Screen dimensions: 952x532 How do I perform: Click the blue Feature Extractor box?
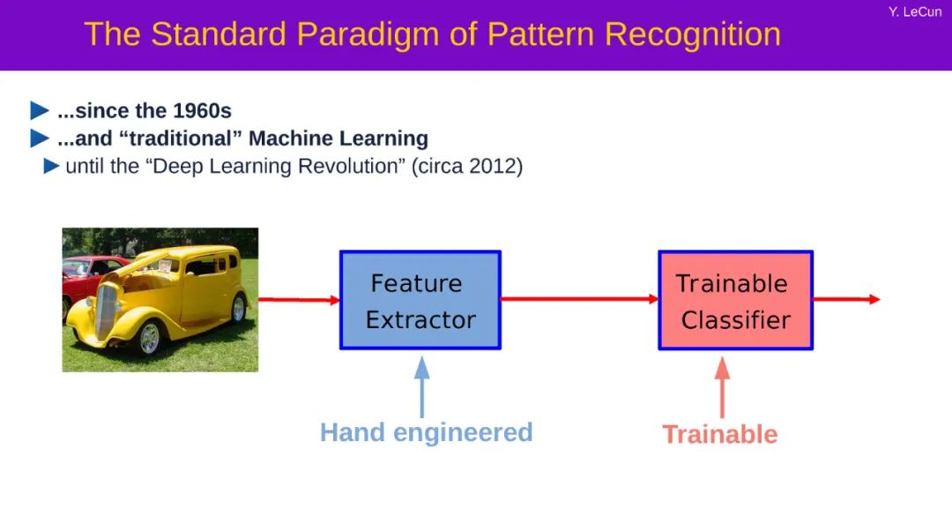tap(420, 300)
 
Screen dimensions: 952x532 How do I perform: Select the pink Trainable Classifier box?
tap(736, 300)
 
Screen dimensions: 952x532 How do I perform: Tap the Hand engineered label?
tap(427, 433)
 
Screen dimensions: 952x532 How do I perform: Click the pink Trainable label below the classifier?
tap(719, 434)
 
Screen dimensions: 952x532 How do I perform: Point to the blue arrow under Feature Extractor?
tap(422, 386)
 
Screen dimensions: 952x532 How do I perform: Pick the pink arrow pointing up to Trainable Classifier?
tap(722, 386)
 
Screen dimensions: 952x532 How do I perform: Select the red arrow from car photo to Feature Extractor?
tap(300, 299)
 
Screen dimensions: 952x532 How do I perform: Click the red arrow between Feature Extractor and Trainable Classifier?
tap(580, 298)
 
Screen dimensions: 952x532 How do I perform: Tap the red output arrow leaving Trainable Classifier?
tap(846, 299)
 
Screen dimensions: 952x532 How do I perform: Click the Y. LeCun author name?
tap(915, 11)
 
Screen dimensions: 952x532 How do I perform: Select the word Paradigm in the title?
tap(368, 35)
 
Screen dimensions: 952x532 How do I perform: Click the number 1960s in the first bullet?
tap(202, 110)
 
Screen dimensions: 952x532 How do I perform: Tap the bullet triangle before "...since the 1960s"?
tap(40, 110)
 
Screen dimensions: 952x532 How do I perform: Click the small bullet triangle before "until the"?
tap(52, 166)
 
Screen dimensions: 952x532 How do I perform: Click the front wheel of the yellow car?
tap(148, 338)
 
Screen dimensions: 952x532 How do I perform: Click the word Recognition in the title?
tap(693, 35)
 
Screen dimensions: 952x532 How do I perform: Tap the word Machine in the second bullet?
tap(284, 138)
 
